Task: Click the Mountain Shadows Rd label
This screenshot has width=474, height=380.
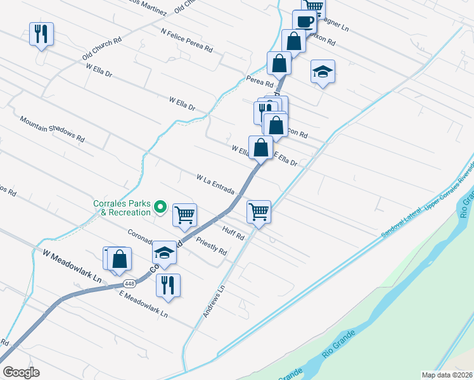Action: (52, 129)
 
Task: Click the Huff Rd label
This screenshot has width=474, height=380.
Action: (233, 232)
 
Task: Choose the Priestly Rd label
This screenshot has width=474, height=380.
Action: (212, 246)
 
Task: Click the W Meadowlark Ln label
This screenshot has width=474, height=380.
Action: (72, 265)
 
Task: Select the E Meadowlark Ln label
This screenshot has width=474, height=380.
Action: (143, 305)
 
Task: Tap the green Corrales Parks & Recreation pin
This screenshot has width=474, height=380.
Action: (161, 206)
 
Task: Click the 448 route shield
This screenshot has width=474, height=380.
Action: (129, 283)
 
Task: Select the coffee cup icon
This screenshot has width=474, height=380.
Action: (305, 21)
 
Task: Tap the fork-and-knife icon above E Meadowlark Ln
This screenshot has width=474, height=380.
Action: (168, 284)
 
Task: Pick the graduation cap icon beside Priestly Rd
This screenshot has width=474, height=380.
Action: (164, 253)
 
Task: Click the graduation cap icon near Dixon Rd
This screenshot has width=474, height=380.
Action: (323, 72)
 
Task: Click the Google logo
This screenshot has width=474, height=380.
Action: (21, 372)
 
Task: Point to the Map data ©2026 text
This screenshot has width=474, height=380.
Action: (447, 375)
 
